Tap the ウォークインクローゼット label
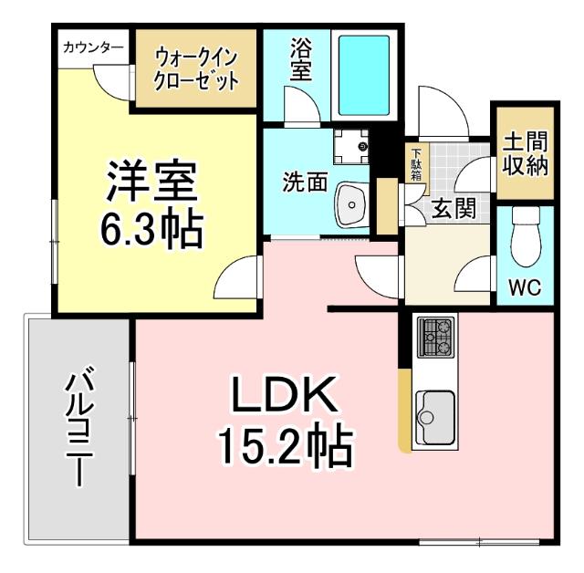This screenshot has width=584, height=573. (196, 69)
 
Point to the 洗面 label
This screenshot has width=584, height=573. (305, 182)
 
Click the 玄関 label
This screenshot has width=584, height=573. (453, 209)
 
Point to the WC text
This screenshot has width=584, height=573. (525, 288)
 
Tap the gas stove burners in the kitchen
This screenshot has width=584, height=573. (434, 337)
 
